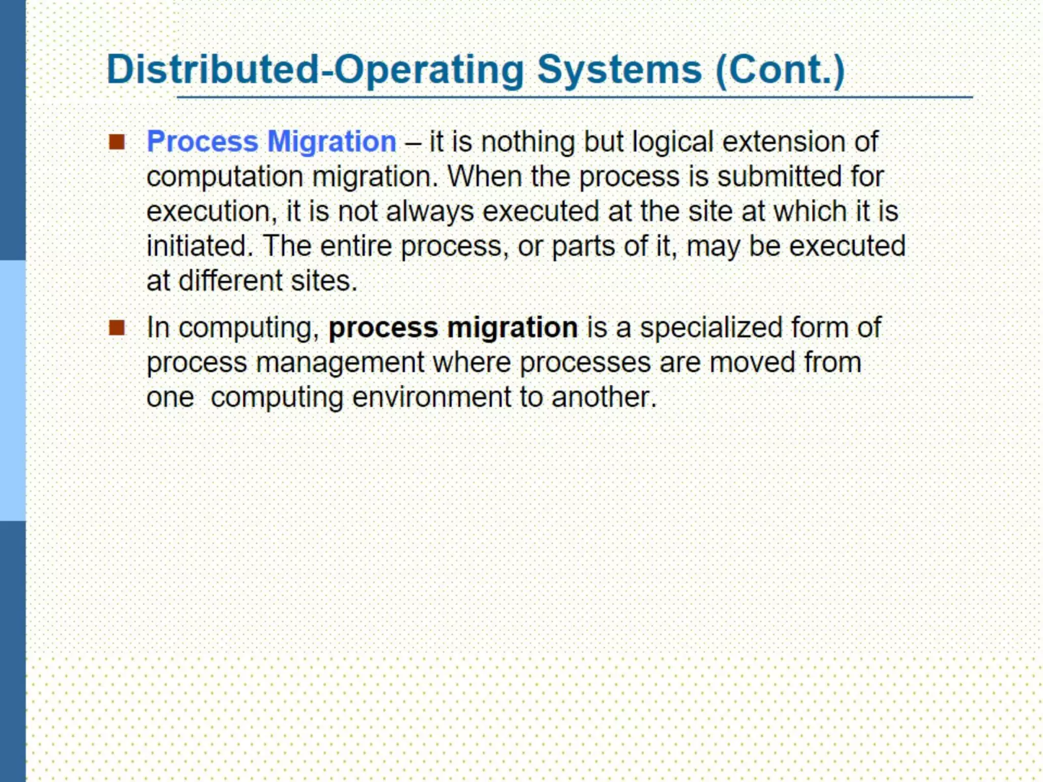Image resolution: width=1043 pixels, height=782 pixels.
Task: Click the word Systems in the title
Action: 619,70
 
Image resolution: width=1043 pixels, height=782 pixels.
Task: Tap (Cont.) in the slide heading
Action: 780,70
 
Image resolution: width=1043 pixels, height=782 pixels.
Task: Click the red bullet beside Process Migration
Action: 117,142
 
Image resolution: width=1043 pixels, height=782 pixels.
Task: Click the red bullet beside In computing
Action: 117,328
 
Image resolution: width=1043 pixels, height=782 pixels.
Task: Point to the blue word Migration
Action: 332,142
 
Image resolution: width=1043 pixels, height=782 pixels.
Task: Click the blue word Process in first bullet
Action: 202,142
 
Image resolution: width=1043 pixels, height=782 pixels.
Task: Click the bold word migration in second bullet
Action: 512,328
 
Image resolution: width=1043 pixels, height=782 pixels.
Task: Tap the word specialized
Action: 711,328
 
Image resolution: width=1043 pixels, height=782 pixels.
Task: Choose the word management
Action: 340,363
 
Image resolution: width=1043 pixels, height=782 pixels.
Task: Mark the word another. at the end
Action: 604,398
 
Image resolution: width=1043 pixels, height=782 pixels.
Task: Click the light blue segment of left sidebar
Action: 13,390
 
